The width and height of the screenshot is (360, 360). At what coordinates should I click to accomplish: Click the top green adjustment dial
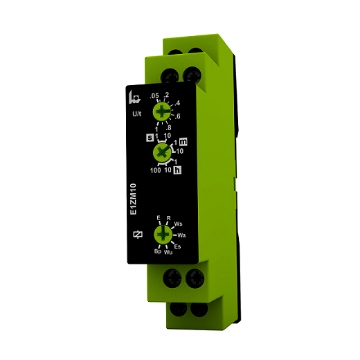[163, 111]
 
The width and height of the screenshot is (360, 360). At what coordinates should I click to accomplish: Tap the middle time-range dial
[162, 151]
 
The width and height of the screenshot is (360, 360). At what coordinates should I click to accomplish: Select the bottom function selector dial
[163, 235]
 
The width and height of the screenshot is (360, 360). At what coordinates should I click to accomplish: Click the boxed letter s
[150, 137]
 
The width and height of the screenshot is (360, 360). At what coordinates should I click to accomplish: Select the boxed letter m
[183, 141]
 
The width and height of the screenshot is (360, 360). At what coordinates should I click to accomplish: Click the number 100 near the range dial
[156, 170]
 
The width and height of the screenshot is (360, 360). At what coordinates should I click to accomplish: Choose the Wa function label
[181, 236]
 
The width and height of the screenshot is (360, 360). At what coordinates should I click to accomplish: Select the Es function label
[177, 247]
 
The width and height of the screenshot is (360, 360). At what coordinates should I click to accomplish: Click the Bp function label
[157, 251]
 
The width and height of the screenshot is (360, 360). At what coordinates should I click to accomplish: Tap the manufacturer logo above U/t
[135, 97]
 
